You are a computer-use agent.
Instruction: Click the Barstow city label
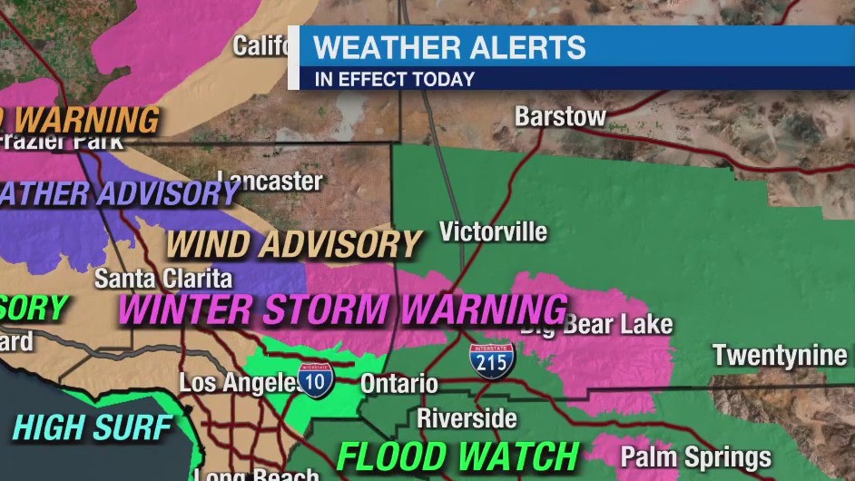coord(560,117)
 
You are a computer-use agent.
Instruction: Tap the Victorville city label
coord(493,231)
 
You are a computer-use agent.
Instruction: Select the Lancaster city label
coord(270,181)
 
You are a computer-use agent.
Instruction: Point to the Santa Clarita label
coord(163,278)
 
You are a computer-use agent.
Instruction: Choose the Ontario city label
coord(398,384)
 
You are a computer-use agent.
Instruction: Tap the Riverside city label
coord(467,418)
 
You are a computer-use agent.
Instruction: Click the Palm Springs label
coord(695,456)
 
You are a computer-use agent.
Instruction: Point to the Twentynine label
coord(780,355)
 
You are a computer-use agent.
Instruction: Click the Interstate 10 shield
coord(314,379)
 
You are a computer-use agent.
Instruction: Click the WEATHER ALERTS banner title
coord(449,47)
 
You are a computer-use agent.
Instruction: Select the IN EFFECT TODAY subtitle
coord(395,79)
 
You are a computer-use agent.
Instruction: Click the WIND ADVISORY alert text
coord(294,244)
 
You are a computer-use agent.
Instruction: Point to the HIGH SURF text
coord(93,427)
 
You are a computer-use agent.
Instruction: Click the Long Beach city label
coord(257,474)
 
